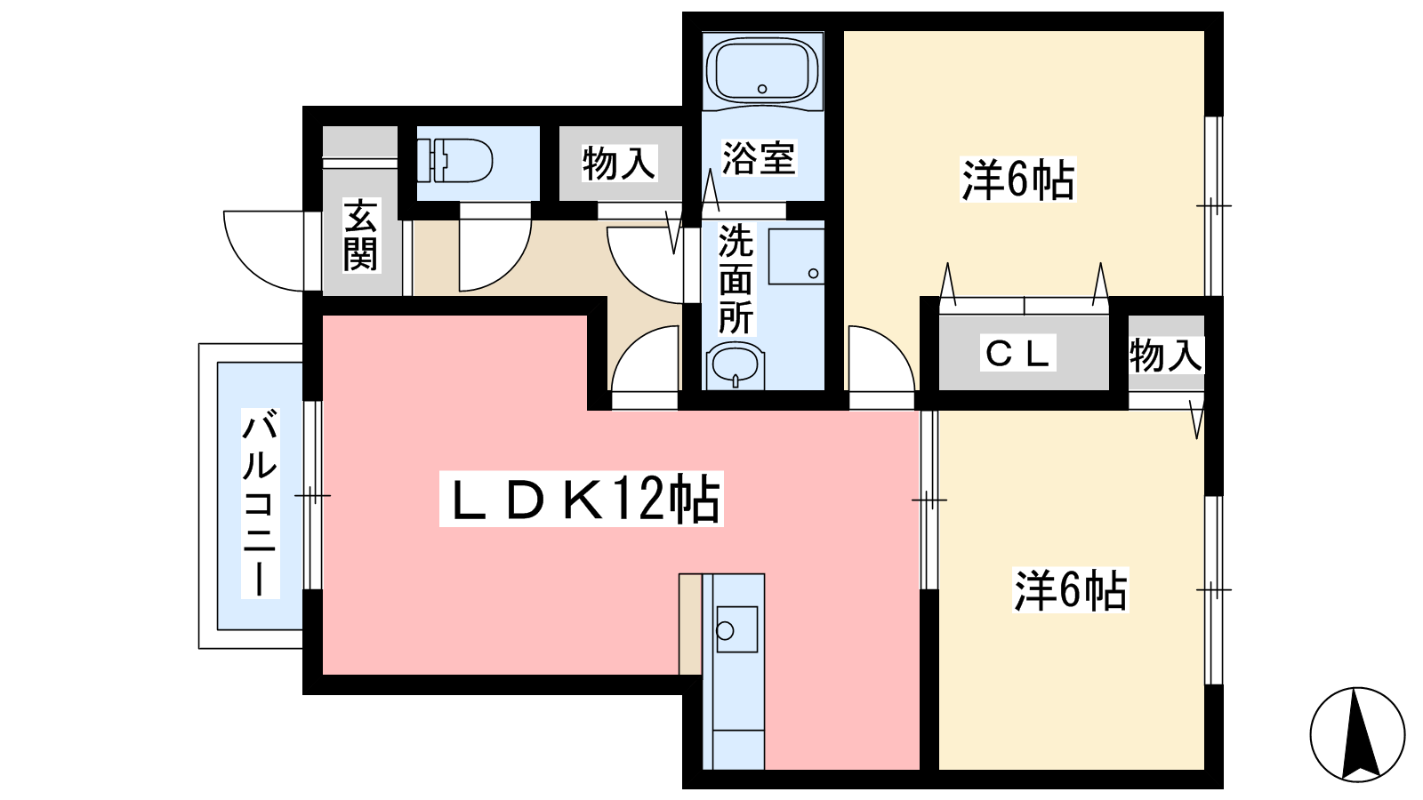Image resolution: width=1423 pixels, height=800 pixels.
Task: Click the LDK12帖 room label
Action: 582,499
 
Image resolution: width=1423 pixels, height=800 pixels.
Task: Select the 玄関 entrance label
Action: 360,235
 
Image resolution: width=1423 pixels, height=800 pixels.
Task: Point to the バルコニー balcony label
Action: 260,503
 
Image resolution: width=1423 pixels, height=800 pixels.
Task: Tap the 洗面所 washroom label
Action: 736,278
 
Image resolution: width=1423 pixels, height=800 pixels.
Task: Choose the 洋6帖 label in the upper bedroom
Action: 1017,180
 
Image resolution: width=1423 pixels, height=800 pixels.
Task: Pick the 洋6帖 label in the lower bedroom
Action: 1071,590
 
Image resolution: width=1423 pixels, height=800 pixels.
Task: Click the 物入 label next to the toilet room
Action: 619,163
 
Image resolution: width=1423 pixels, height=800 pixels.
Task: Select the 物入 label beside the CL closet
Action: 1166,355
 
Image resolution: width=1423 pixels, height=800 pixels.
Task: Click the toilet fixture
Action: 454,160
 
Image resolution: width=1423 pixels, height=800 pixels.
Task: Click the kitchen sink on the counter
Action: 737,629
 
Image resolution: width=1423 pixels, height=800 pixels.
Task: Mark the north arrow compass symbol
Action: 1357,734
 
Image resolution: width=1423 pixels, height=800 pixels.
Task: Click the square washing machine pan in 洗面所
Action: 796,256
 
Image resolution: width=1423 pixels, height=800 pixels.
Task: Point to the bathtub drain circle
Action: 762,89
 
